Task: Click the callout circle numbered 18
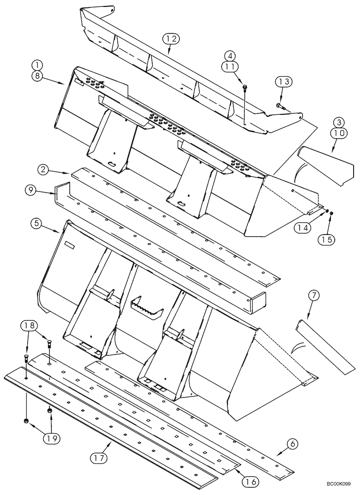28,326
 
